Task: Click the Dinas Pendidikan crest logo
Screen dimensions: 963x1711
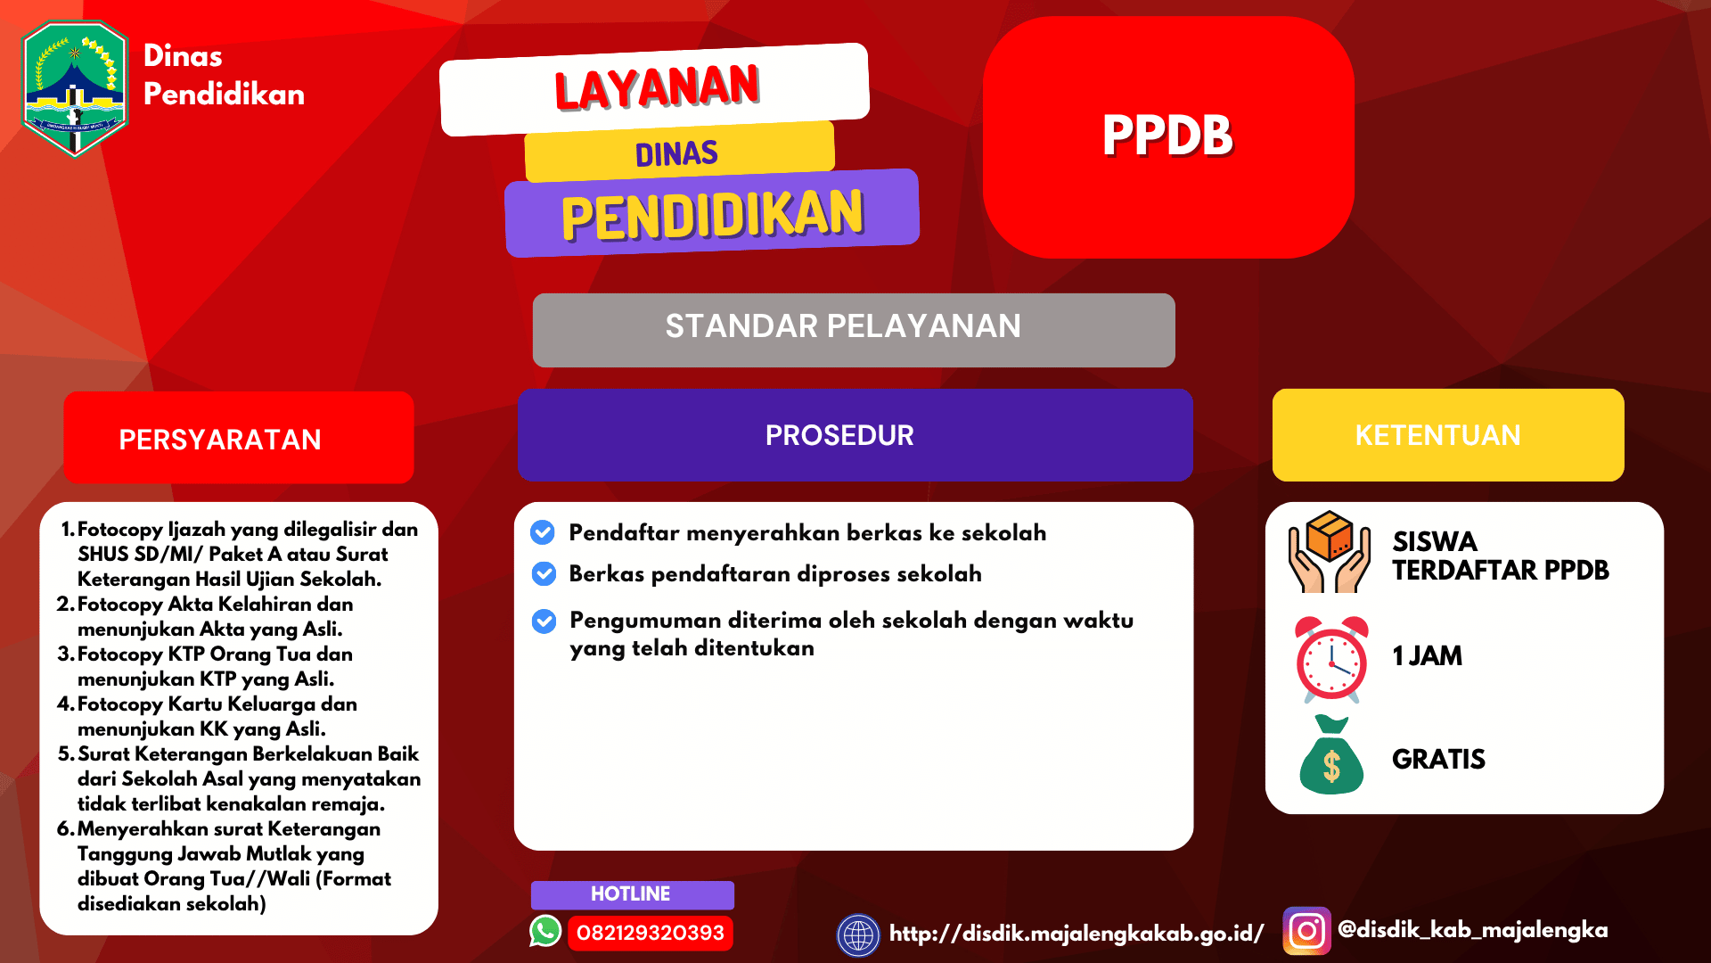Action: click(x=75, y=89)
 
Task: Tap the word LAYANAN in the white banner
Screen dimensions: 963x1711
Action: click(x=657, y=87)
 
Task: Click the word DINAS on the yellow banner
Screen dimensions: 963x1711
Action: click(x=676, y=153)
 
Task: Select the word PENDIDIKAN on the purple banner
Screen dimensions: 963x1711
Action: click(x=712, y=215)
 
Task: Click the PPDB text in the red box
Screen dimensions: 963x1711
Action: click(x=1167, y=136)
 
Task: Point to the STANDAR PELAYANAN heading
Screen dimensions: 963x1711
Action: click(x=843, y=326)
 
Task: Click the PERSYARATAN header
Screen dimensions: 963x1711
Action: click(x=220, y=440)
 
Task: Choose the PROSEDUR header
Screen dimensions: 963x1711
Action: click(x=839, y=435)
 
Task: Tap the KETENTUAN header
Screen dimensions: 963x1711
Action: click(x=1437, y=435)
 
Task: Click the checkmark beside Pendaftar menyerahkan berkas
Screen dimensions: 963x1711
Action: click(x=543, y=532)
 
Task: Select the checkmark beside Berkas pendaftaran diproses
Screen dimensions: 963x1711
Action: click(x=544, y=573)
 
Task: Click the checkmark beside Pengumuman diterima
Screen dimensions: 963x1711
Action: click(x=544, y=621)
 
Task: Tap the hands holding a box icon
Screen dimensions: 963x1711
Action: click(x=1329, y=553)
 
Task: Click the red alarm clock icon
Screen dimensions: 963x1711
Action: click(x=1331, y=658)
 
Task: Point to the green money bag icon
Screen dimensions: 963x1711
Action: click(x=1331, y=757)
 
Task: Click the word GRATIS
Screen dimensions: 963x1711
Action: click(x=1438, y=759)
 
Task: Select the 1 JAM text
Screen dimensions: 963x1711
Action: click(x=1427, y=656)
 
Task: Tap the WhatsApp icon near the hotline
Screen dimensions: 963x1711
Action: click(x=545, y=931)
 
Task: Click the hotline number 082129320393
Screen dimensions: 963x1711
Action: click(x=651, y=933)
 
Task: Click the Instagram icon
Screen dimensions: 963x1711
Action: click(x=1306, y=931)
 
